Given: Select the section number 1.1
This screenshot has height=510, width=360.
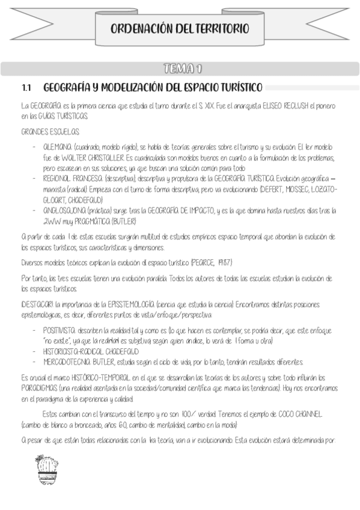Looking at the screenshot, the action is [26, 88].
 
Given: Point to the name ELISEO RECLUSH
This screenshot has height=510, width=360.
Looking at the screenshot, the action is [283, 105].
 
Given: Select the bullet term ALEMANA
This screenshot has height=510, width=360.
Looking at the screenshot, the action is [58, 146].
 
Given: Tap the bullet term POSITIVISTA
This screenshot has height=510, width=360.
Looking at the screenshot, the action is [59, 330].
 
